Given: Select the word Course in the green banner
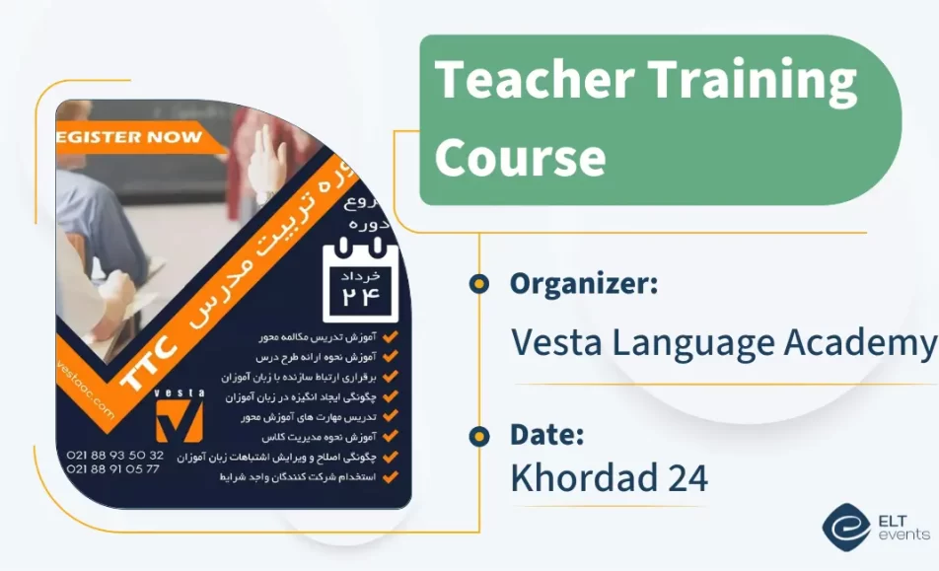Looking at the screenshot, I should click(520, 155).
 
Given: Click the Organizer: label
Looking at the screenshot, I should click(584, 284).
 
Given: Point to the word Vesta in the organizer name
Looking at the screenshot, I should click(554, 342).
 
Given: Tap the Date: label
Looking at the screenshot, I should click(547, 434).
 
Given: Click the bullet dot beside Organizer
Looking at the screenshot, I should click(479, 285).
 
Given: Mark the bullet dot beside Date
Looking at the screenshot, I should click(479, 435).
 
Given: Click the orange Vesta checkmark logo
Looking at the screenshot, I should click(180, 420).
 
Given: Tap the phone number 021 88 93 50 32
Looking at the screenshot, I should click(115, 455).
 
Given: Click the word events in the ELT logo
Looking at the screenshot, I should click(903, 535).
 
